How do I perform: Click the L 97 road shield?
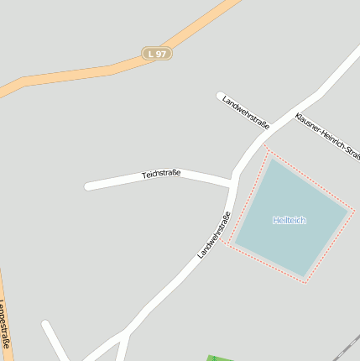pyautogui.click(x=155, y=53)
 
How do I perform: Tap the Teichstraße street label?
pyautogui.click(x=161, y=174)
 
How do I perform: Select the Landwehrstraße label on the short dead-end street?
pyautogui.click(x=246, y=113)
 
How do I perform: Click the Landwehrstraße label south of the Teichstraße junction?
pyautogui.click(x=215, y=234)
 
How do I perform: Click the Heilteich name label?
pyautogui.click(x=290, y=220)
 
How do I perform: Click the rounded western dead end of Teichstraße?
pyautogui.click(x=88, y=186)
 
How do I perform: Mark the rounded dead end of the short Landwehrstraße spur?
pyautogui.click(x=220, y=96)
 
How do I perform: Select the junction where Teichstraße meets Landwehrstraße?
pyautogui.click(x=232, y=183)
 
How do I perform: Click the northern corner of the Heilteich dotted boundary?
pyautogui.click(x=269, y=149)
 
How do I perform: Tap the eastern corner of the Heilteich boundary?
pyautogui.click(x=354, y=210)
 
